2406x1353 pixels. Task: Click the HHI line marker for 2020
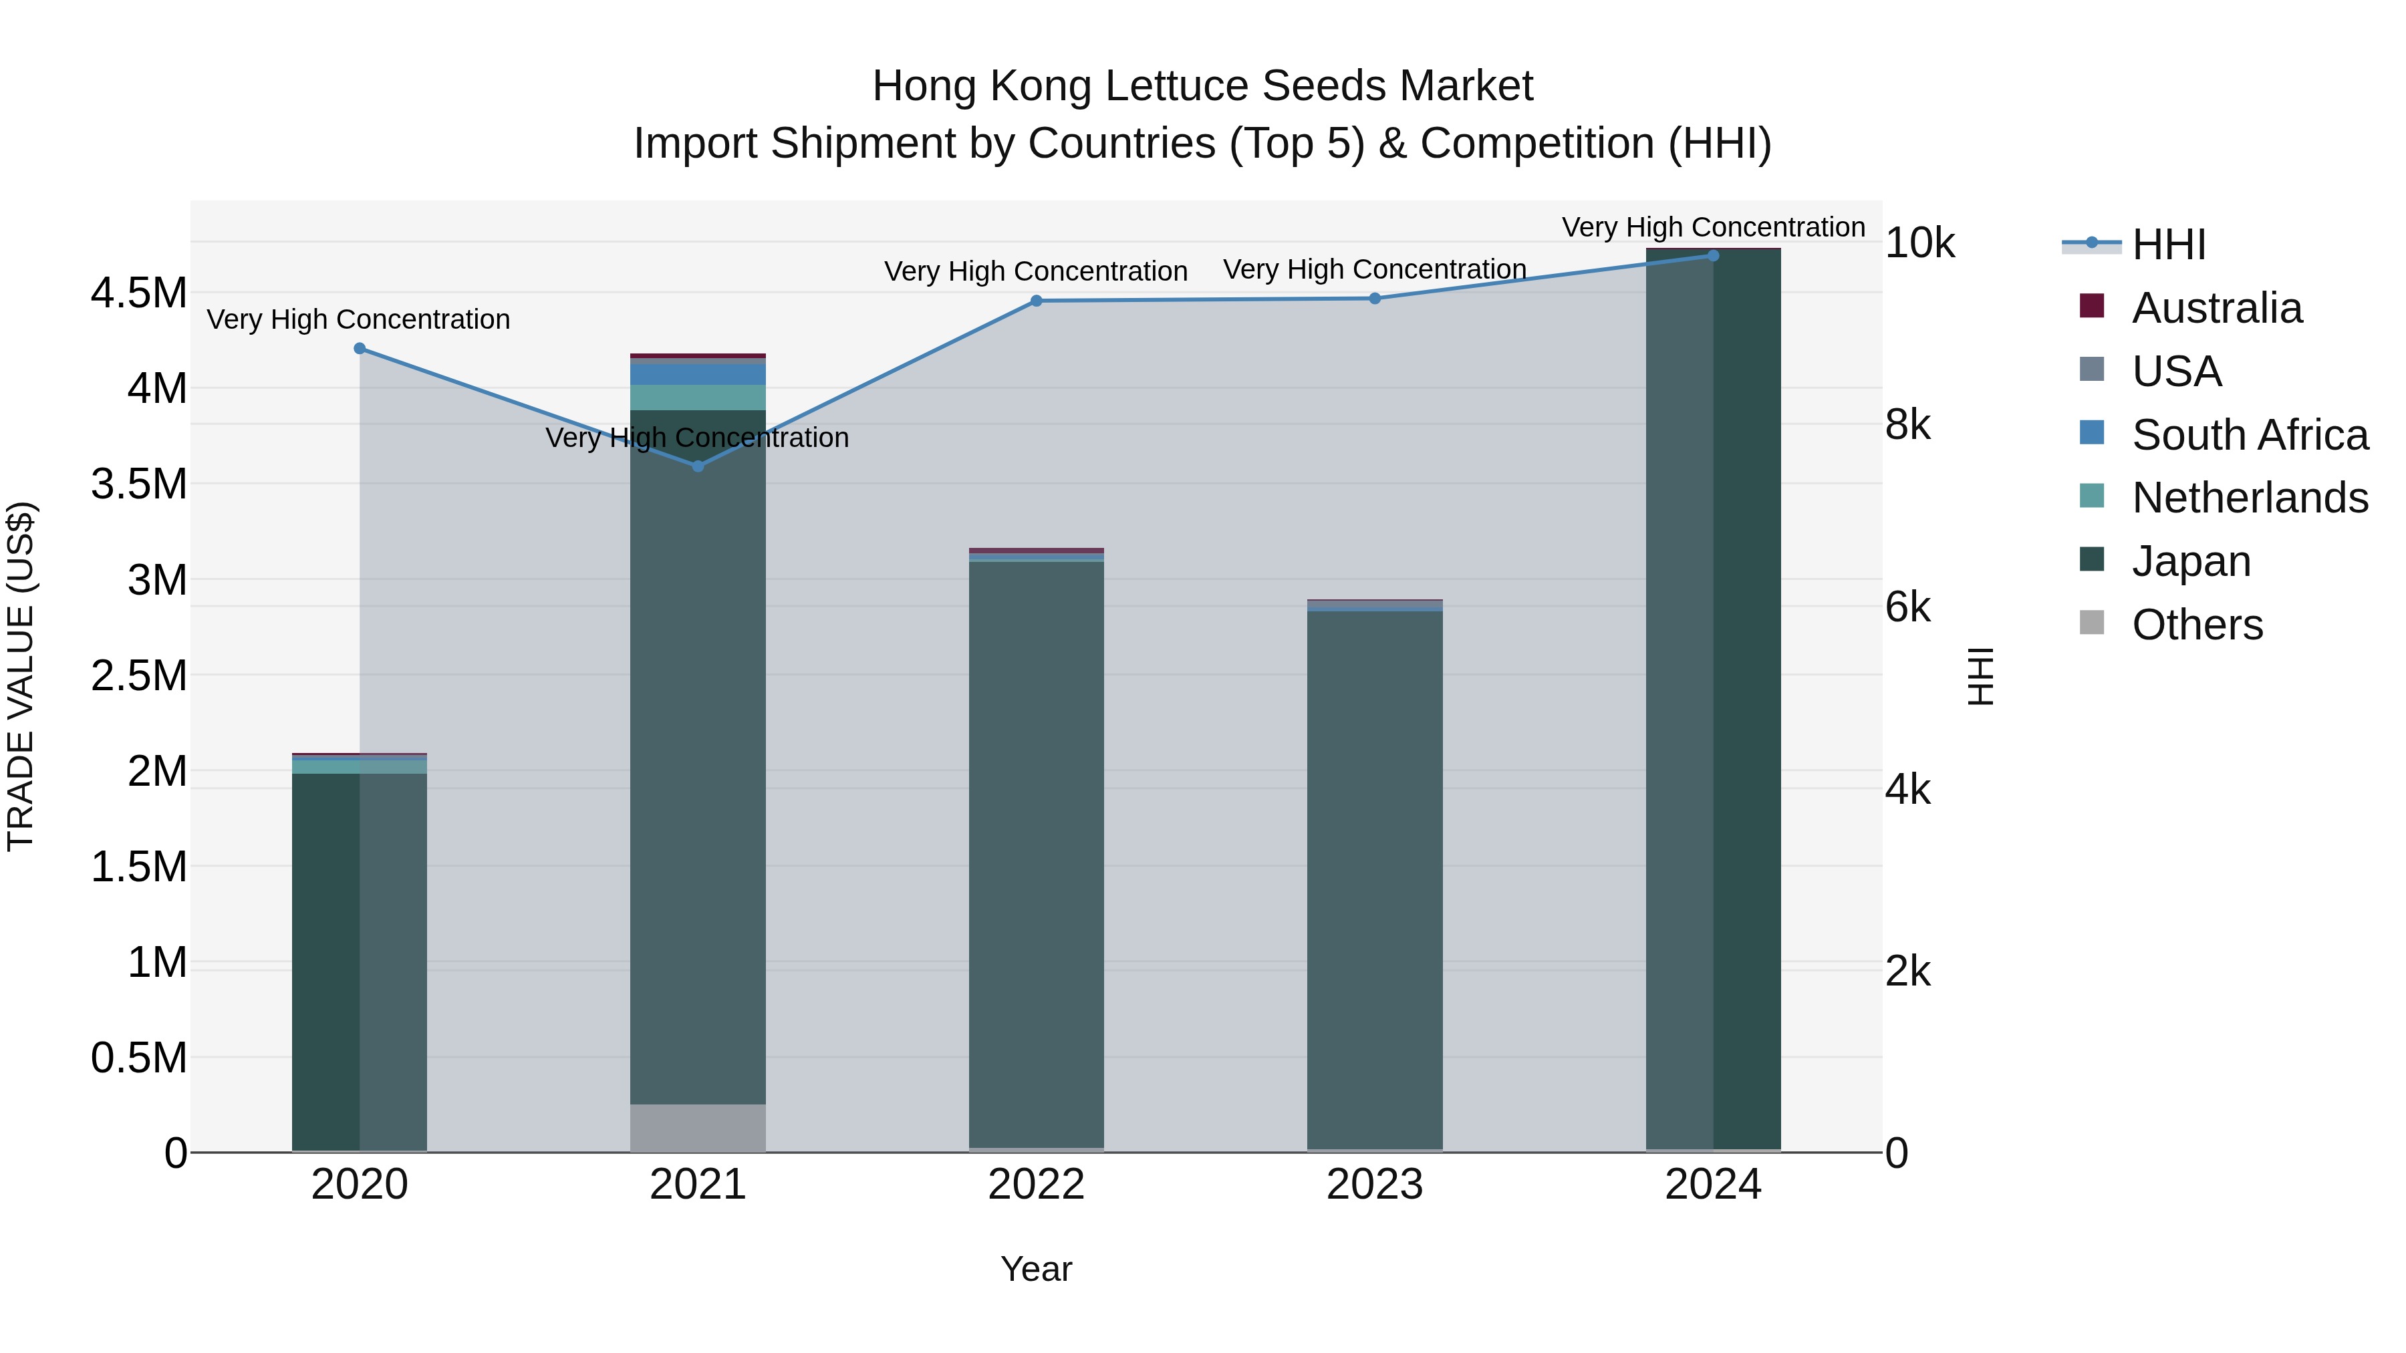click(x=360, y=348)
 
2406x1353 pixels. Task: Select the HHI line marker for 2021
click(x=698, y=466)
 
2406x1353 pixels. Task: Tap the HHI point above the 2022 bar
click(x=1036, y=301)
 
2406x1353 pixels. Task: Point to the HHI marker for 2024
click(x=1713, y=255)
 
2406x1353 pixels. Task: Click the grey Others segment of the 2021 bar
click(x=698, y=1128)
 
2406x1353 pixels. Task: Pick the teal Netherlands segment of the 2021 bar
click(x=698, y=398)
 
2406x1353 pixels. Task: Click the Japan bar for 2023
click(x=1374, y=878)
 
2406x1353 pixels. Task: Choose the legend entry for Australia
click(x=2216, y=308)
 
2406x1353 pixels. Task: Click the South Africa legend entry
click(x=2249, y=435)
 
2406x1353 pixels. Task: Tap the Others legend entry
click(x=2197, y=625)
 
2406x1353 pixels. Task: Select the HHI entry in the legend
click(x=2168, y=245)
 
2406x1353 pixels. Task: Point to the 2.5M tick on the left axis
click(x=138, y=675)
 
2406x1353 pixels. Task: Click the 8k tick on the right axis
click(x=1908, y=425)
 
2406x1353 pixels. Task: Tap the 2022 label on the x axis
click(x=1036, y=1185)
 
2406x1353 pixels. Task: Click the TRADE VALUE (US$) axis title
click(x=21, y=676)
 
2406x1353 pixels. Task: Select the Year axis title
click(x=1036, y=1269)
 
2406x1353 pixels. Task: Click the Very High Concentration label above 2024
click(x=1713, y=227)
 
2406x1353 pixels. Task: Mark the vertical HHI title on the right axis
click(x=1980, y=676)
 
